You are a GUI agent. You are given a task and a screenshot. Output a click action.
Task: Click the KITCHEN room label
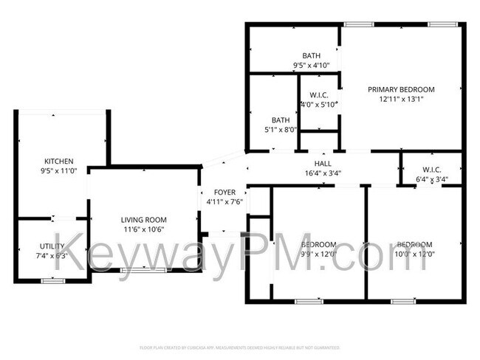point(58,161)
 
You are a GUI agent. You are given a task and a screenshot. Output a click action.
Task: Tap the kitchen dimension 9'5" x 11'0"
point(58,170)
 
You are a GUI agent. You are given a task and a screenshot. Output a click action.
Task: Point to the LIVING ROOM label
point(144,219)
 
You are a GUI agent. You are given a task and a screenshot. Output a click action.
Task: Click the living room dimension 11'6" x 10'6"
point(144,229)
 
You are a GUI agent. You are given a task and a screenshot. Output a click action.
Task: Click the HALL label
point(323,164)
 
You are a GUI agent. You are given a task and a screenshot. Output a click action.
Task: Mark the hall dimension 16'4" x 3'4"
point(323,174)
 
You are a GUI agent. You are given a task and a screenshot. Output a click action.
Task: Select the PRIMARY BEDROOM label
point(402,89)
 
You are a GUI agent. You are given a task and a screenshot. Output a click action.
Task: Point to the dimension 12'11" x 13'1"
point(402,99)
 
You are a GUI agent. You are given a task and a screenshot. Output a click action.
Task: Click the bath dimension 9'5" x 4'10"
point(311,65)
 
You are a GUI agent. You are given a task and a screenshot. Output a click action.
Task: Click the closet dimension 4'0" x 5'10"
point(318,104)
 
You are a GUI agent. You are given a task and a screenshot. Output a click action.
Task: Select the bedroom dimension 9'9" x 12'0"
point(319,254)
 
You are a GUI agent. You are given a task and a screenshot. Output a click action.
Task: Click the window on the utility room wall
point(52,281)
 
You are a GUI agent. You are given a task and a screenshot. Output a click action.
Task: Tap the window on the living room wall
point(143,271)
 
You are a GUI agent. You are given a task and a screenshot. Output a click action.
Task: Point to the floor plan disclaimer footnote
point(239,347)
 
